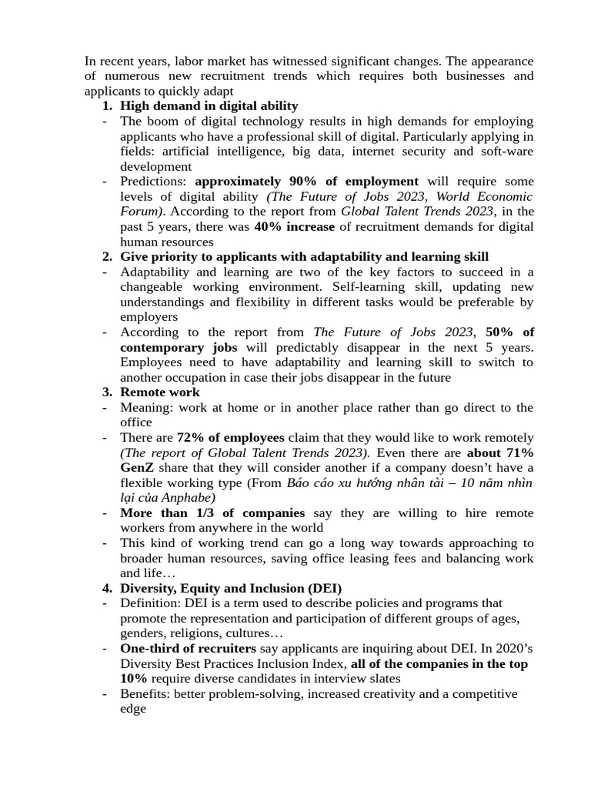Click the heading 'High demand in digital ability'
click(209, 106)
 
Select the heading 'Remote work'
click(159, 392)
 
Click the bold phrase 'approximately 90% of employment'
click(306, 182)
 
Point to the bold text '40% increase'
click(294, 227)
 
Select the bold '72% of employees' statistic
click(230, 438)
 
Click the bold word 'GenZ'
click(136, 468)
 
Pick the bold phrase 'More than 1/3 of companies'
click(212, 513)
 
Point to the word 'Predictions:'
click(155, 182)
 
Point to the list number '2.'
click(108, 257)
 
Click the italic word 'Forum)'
click(142, 212)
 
